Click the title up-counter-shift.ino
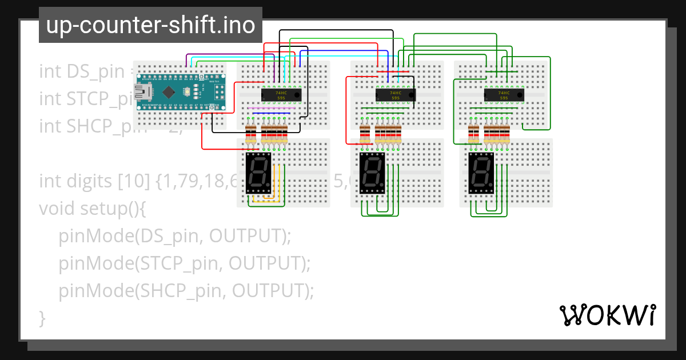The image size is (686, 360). tap(150, 26)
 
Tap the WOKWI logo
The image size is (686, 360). tap(607, 315)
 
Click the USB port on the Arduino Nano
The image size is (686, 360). tap(141, 91)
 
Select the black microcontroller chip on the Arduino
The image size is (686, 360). tap(169, 92)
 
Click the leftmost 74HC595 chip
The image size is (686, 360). tap(281, 95)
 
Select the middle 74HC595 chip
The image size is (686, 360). tap(395, 95)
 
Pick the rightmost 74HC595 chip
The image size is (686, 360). tap(504, 95)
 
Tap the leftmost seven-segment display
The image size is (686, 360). tap(258, 172)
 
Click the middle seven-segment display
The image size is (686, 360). tap(372, 172)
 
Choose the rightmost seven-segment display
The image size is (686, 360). tap(481, 172)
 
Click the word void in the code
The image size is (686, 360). tap(56, 209)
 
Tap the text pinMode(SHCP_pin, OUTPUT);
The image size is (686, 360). tap(186, 291)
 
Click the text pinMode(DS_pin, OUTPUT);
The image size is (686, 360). tap(174, 236)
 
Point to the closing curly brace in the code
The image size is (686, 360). tap(42, 317)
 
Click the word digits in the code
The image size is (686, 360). tap(88, 182)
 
